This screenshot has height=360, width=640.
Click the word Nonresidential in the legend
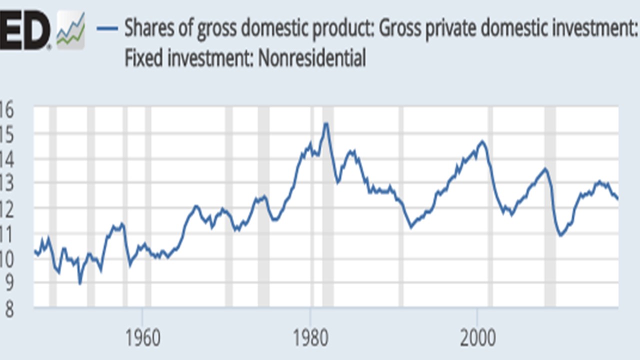pos(311,58)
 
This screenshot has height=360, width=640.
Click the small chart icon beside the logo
pos(70,30)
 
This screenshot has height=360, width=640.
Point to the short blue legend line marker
pos(108,28)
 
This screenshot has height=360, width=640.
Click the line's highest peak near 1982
pos(326,123)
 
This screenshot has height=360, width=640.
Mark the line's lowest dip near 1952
pos(80,283)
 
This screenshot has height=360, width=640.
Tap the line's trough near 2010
pos(560,235)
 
